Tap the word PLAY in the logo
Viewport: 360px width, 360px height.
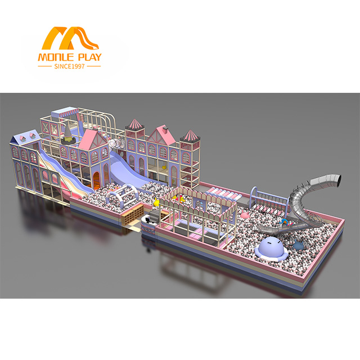click(x=90, y=57)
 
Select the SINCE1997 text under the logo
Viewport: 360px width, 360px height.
click(x=69, y=66)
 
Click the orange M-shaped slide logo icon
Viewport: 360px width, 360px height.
click(x=70, y=38)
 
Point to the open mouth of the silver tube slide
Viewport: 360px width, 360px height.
click(x=336, y=180)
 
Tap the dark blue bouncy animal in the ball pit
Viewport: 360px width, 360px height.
click(x=298, y=245)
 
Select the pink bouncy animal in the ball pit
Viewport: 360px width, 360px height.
click(x=245, y=215)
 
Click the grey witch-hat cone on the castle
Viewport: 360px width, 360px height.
click(x=67, y=134)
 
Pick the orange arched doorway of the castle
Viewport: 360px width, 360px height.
click(x=96, y=181)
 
